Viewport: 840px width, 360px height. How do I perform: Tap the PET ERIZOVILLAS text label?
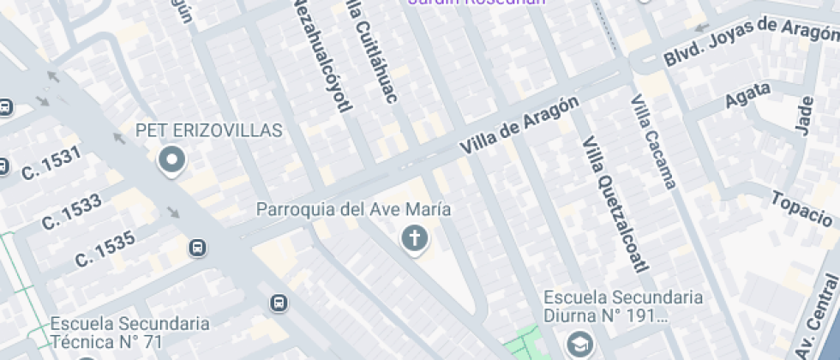pos(209,130)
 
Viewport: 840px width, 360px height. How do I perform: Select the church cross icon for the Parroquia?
pos(414,239)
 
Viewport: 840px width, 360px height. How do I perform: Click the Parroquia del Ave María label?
pos(354,209)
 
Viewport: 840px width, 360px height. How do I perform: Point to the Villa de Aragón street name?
pos(519,126)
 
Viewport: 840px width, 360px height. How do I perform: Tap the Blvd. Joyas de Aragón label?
pos(751,41)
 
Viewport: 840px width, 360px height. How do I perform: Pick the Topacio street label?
pos(801,207)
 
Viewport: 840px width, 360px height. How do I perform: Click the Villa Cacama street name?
pos(654,141)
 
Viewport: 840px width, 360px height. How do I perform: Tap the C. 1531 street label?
pos(51,163)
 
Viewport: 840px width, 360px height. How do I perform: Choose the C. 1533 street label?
pos(71,212)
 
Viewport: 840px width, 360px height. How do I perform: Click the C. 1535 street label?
pos(105,249)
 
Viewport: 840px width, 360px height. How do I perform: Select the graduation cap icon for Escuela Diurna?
pos(579,344)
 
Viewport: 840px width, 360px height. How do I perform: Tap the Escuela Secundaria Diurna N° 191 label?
pos(623,306)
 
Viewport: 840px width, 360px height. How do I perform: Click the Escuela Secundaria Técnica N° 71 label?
pos(129,333)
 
